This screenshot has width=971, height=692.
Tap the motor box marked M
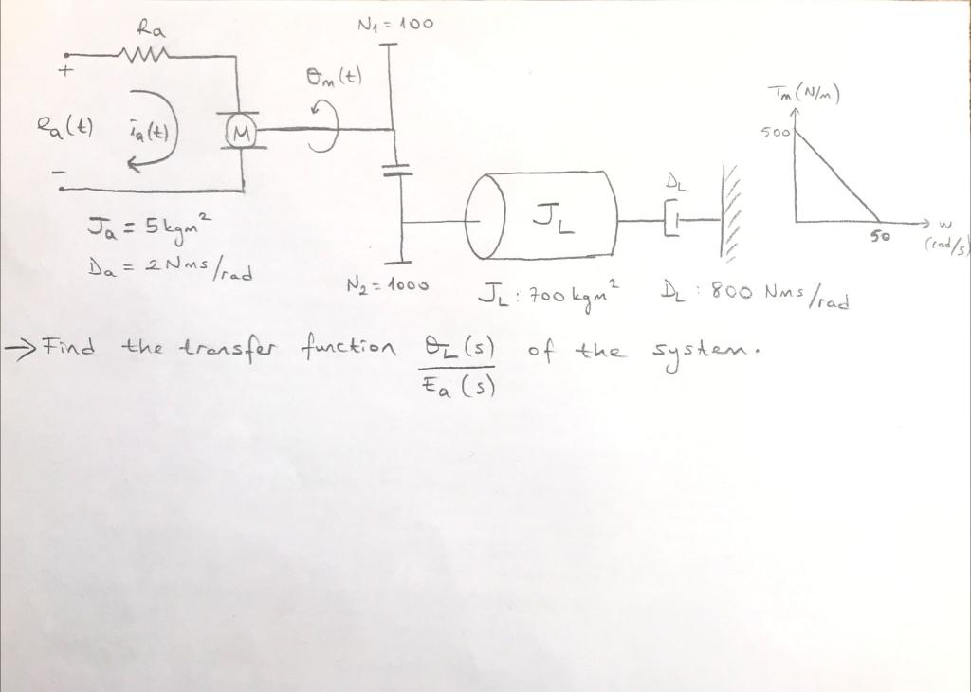242,136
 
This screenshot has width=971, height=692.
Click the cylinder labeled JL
544,216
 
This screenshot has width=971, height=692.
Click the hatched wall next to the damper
729,214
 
